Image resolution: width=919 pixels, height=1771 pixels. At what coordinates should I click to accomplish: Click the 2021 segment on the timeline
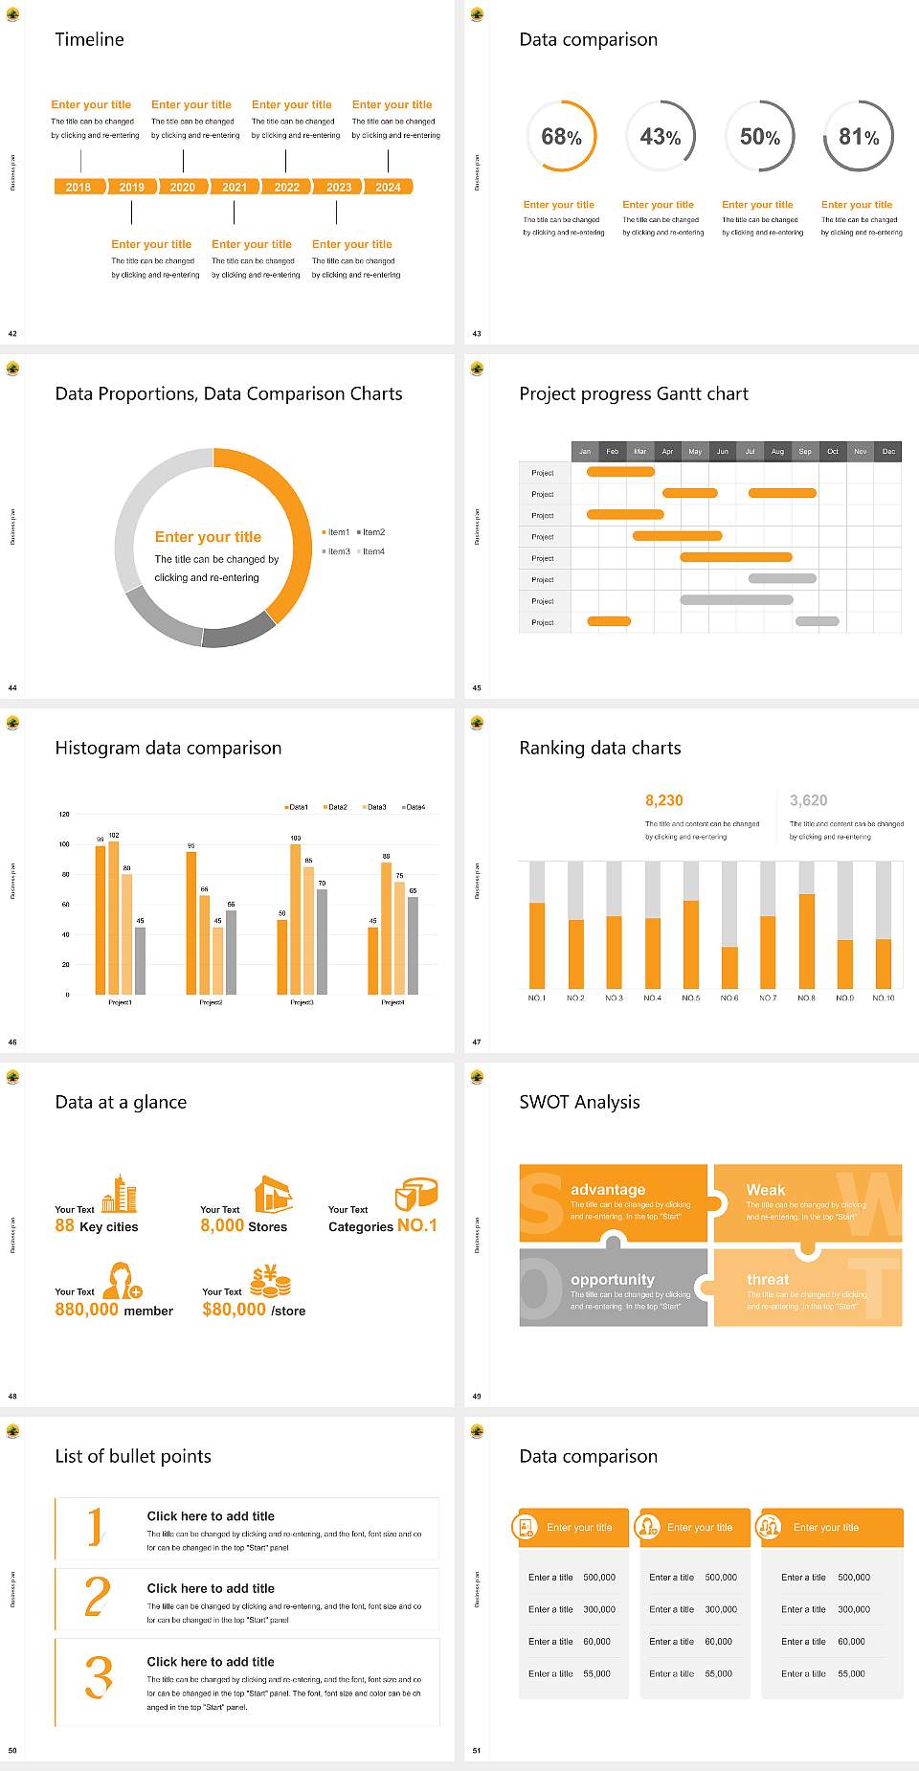[x=235, y=188]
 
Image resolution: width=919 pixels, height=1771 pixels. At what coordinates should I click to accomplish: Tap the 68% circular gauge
[x=561, y=137]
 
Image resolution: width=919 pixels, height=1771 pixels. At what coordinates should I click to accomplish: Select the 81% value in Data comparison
[x=859, y=137]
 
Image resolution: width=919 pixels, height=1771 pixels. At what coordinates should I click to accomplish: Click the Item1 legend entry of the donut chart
[x=337, y=532]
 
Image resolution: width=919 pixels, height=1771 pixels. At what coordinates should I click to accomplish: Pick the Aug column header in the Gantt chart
[x=777, y=451]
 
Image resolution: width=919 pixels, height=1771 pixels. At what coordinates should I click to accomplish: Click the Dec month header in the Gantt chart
[x=888, y=451]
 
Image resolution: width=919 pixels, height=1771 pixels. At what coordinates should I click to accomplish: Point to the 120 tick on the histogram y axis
[x=65, y=815]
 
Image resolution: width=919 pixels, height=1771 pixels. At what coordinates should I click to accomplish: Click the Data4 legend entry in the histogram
[x=414, y=807]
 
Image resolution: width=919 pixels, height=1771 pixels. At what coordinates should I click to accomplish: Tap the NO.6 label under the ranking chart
[x=729, y=998]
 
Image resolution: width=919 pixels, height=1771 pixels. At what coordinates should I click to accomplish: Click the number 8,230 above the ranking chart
[x=664, y=800]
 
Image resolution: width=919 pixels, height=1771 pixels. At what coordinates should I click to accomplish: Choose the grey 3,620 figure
[x=809, y=800]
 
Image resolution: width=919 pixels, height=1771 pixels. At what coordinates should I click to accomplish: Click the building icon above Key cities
[x=120, y=1194]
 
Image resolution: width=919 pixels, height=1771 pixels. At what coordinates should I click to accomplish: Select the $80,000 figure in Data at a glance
[x=234, y=1310]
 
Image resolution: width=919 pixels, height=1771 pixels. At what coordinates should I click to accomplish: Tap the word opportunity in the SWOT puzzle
[x=613, y=1280]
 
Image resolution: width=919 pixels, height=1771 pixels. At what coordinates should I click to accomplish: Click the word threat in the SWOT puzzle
[x=768, y=1280]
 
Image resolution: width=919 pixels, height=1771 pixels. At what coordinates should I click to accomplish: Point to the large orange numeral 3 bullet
[x=99, y=1677]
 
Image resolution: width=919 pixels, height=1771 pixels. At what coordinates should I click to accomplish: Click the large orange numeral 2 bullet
[x=97, y=1597]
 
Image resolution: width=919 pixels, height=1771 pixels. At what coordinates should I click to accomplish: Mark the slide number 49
[x=477, y=1397]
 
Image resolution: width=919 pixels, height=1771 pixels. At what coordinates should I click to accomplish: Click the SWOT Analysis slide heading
[x=579, y=1102]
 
